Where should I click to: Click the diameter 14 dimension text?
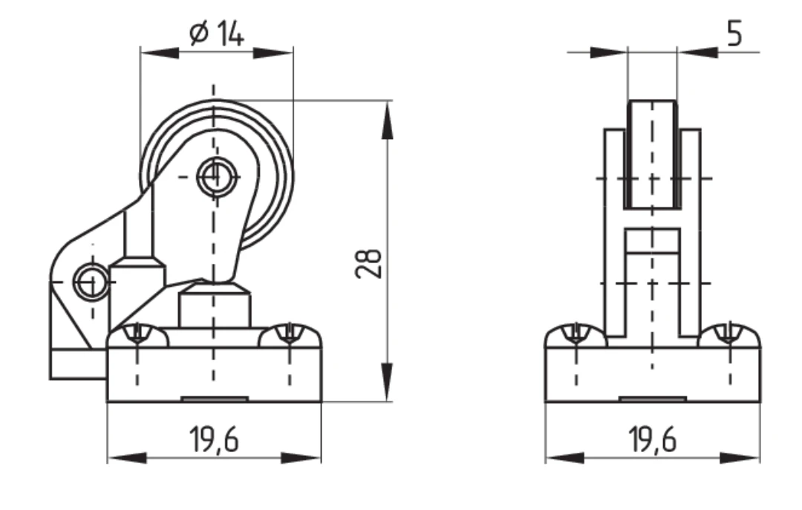click(216, 33)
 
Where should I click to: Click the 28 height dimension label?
click(368, 264)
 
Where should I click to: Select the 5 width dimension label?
click(734, 34)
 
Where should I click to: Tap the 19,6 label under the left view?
click(214, 439)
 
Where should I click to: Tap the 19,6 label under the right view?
click(652, 439)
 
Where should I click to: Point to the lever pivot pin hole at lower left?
click(91, 282)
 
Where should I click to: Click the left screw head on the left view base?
click(137, 335)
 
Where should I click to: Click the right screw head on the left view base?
click(290, 335)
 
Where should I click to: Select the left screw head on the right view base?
click(576, 335)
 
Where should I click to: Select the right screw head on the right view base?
click(730, 335)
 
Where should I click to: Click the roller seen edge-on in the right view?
click(652, 154)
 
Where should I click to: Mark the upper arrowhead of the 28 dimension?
click(388, 120)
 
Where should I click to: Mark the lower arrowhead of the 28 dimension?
click(388, 381)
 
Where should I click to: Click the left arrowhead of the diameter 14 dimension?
click(160, 52)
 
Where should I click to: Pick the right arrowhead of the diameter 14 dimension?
click(273, 52)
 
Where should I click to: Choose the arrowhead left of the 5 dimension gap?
click(609, 52)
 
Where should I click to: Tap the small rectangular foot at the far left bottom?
click(78, 364)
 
